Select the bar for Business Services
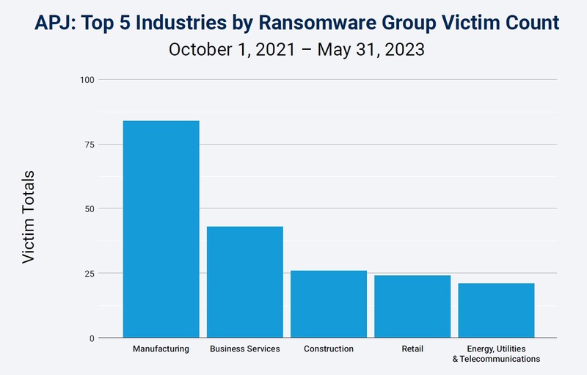coord(244,282)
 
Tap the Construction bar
coord(329,304)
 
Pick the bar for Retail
coord(412,307)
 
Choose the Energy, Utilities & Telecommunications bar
coord(496,310)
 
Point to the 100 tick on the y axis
coord(87,79)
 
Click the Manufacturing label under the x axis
coord(161,349)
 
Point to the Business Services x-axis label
coord(244,349)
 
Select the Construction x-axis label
coord(329,349)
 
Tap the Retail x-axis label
coord(412,349)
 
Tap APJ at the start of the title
coord(49,23)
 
